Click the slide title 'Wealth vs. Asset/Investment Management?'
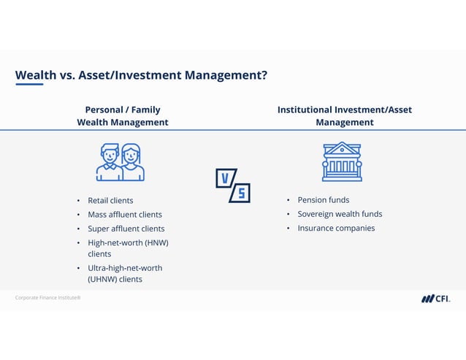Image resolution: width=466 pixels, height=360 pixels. point(141,75)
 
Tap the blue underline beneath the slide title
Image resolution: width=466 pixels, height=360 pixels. point(29,85)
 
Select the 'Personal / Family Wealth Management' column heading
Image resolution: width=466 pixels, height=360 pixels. point(123,116)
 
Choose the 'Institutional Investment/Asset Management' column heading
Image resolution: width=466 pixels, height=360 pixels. point(344,116)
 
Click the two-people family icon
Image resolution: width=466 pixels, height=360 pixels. point(121,162)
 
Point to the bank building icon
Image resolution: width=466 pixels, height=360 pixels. point(342,161)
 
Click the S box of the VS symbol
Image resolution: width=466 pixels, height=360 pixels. point(240,193)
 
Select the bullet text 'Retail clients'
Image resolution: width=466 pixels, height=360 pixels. point(110,200)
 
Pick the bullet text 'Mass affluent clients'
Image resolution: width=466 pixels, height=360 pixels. point(125,215)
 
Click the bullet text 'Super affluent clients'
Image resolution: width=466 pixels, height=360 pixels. point(126,229)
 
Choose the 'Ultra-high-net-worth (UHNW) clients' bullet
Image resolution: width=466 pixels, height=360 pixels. point(125,273)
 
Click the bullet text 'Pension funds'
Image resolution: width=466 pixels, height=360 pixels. point(323,200)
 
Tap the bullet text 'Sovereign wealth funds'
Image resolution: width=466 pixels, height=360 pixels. point(340,214)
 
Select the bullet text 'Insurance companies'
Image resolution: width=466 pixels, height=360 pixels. point(336,228)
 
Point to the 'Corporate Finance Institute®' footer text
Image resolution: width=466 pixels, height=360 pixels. point(47,298)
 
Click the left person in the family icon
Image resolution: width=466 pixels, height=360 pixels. point(110,163)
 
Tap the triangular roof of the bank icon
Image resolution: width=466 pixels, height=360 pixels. point(342,149)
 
